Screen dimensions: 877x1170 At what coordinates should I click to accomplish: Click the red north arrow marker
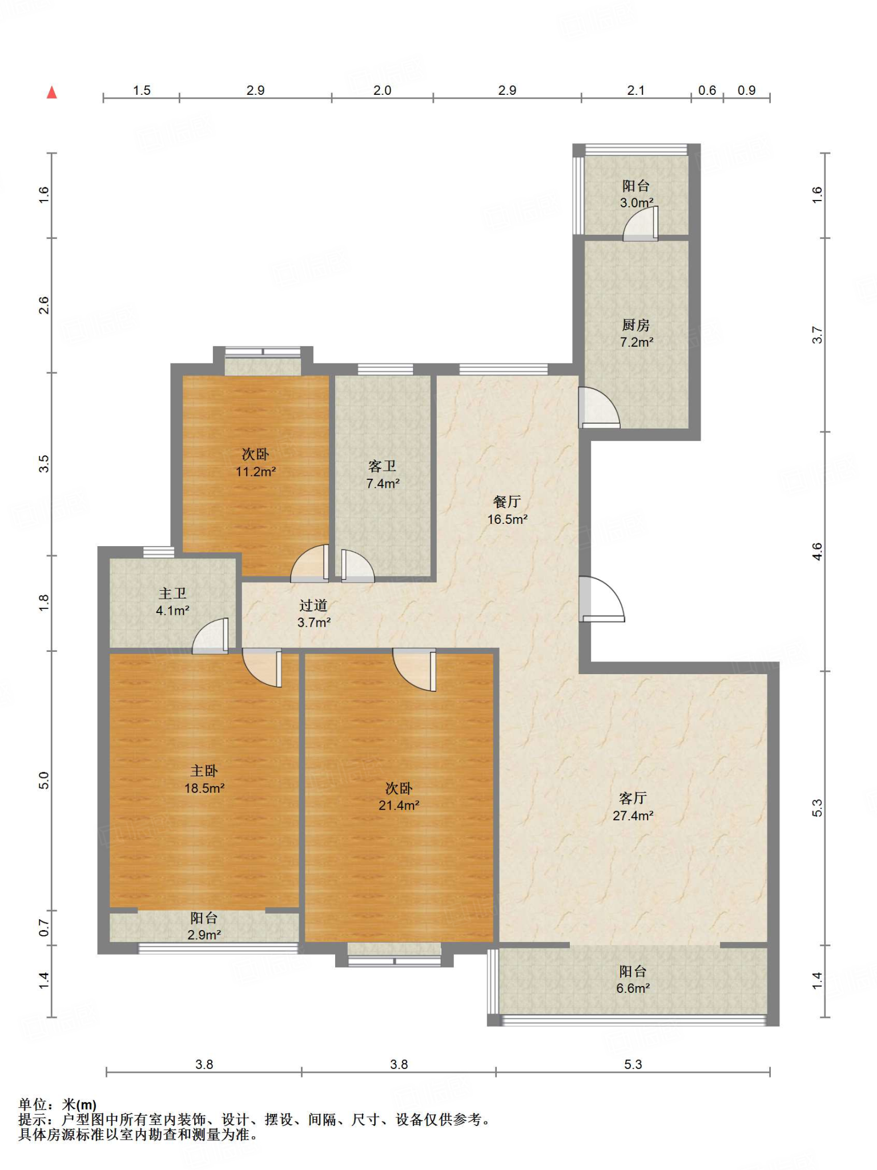52,93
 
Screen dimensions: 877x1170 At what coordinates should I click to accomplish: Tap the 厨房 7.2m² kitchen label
637,334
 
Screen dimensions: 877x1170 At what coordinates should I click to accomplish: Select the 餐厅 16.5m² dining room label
507,510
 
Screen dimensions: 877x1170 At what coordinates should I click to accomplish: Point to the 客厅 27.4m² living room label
633,807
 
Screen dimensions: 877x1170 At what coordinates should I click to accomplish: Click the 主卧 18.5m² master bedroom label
204,779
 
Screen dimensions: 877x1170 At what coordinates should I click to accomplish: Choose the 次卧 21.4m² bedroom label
399,796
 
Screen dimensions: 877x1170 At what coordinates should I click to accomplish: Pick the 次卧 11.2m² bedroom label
256,463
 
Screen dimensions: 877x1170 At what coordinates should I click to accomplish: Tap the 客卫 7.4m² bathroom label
383,475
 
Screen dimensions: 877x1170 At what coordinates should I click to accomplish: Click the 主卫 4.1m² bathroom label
172,602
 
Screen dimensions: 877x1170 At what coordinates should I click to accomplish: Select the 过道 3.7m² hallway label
314,614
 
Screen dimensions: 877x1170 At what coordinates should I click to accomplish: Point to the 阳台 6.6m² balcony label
633,980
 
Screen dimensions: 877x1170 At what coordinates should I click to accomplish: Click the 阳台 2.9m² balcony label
204,926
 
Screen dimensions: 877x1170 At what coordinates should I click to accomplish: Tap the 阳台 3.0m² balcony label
637,194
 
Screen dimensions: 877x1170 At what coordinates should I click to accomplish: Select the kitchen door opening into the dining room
599,408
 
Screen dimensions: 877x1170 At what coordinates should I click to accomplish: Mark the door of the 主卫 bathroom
211,636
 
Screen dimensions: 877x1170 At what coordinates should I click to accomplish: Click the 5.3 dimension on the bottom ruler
633,1064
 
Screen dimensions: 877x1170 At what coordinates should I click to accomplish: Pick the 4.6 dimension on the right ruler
818,551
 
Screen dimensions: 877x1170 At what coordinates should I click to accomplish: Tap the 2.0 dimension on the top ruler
383,90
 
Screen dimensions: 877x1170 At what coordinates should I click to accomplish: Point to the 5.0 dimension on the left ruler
44,780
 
